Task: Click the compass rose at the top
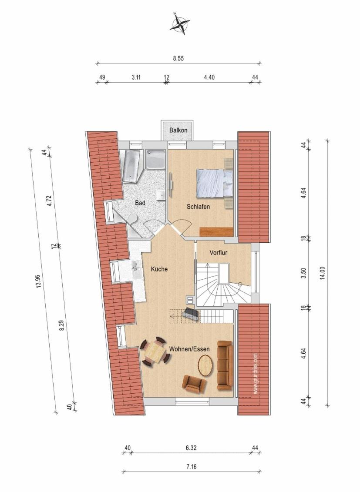(x=180, y=23)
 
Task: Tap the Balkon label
(x=178, y=130)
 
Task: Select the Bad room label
(x=140, y=203)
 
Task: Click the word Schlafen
(x=198, y=207)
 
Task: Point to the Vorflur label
(x=219, y=252)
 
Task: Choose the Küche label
(x=159, y=269)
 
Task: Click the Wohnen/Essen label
(x=189, y=348)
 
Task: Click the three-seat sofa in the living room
(x=225, y=365)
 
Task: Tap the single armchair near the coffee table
(x=194, y=383)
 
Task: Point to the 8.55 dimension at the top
(x=178, y=58)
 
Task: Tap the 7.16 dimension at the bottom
(x=192, y=467)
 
